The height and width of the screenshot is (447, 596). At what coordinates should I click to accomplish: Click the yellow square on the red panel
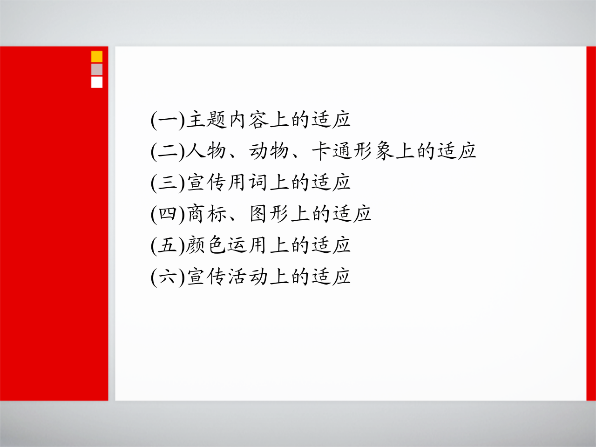coord(97,57)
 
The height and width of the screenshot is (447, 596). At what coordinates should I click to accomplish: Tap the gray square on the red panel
coord(97,69)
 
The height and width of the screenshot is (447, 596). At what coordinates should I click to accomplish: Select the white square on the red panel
coord(97,82)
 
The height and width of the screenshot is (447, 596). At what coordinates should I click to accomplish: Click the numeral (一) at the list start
coord(168,120)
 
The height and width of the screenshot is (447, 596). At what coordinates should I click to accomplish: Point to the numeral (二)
coord(168,151)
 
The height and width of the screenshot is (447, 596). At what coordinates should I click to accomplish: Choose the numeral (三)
coord(168,183)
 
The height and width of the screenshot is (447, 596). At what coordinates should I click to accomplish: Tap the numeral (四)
coord(168,214)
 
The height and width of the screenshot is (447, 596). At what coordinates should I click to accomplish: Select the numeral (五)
coord(168,246)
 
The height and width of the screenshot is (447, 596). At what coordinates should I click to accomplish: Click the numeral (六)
coord(168,277)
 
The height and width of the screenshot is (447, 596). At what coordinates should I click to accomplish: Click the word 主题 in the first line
coord(207,120)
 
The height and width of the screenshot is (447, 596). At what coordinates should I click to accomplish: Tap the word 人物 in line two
coord(207,151)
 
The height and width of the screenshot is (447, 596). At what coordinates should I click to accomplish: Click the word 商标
coord(207,214)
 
